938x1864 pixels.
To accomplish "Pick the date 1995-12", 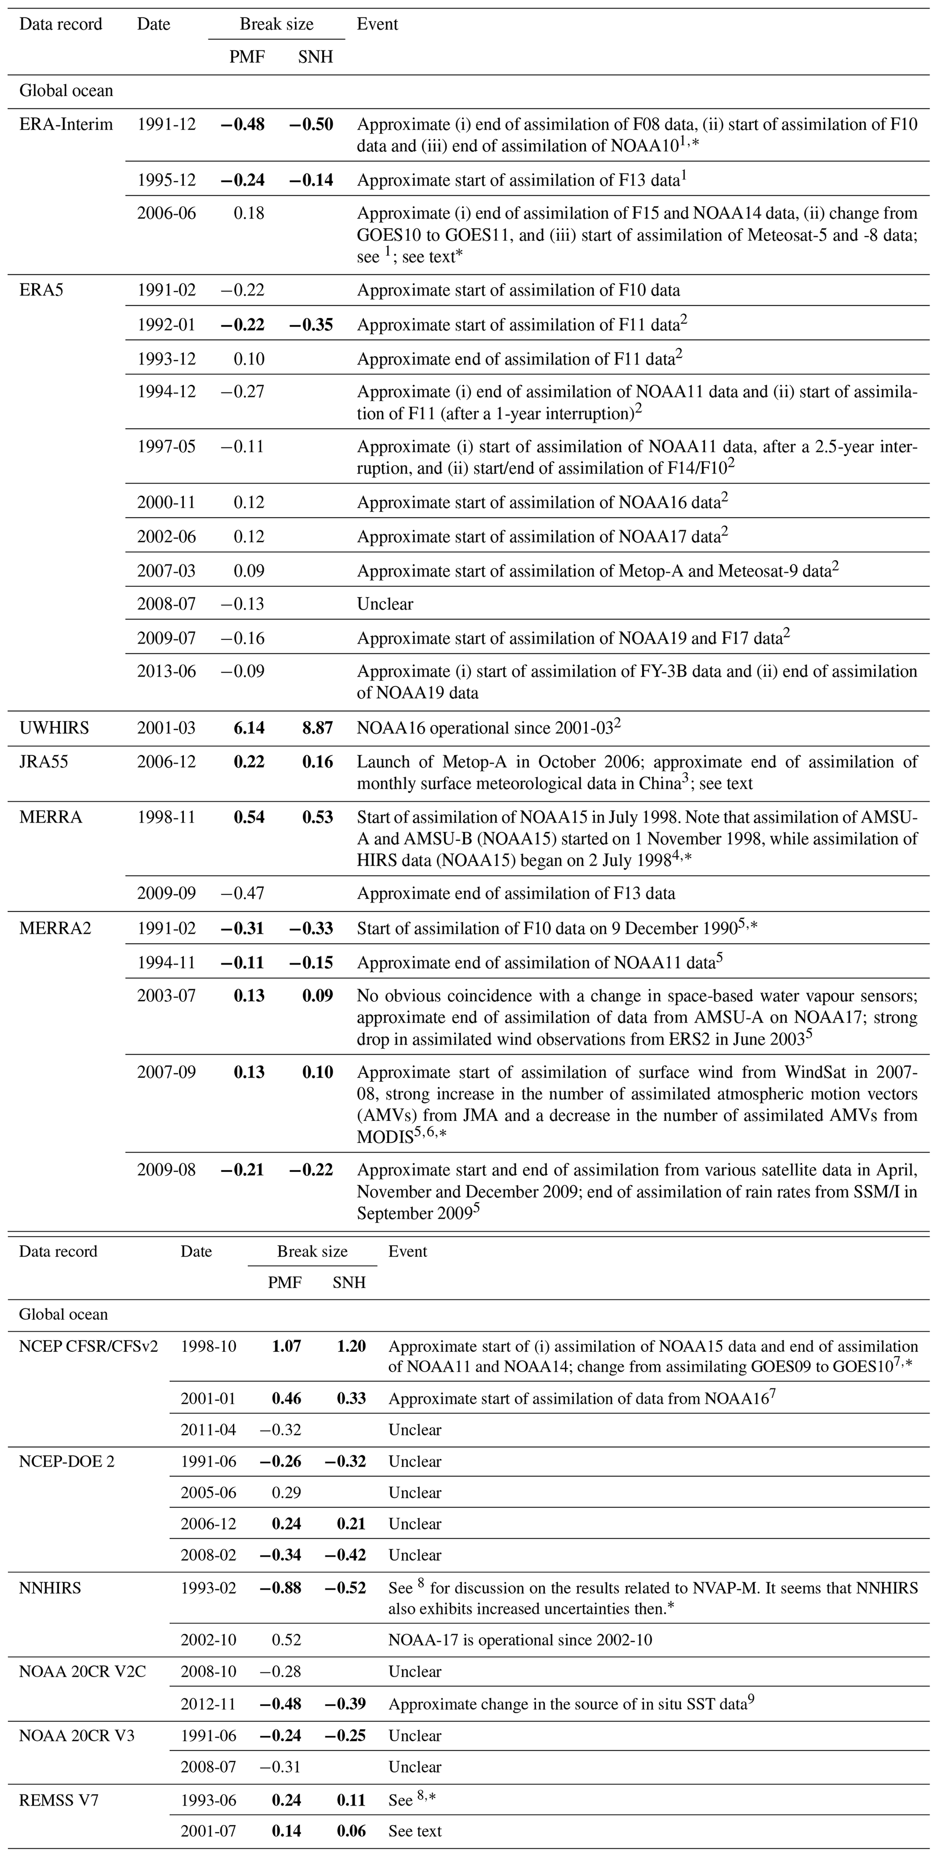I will point(167,180).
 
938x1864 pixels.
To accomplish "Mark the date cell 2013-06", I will point(167,671).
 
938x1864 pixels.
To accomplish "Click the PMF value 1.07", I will point(286,1347).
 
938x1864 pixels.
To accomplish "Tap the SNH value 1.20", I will point(350,1347).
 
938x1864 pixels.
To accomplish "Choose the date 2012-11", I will point(208,1704).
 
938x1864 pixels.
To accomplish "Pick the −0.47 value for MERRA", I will point(243,894).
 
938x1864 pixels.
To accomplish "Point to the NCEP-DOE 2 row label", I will point(67,1461).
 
